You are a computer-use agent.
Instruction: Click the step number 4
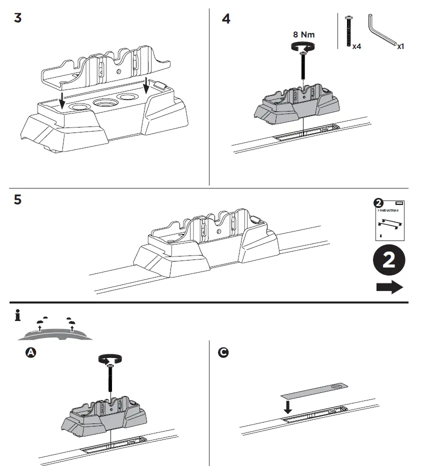point(226,19)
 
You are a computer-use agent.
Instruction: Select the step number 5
point(18,200)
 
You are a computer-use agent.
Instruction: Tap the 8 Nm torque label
point(303,35)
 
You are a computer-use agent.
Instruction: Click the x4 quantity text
point(357,46)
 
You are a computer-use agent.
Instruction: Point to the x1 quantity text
point(400,46)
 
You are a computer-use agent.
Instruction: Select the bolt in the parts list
point(348,31)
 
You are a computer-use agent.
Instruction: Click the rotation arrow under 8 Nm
point(303,47)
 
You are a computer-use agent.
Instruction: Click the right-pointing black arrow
point(389,287)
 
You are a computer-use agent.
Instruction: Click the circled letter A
point(30,352)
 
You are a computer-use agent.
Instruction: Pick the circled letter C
point(223,352)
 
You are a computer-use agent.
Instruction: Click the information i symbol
point(18,316)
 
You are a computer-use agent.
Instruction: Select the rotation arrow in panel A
point(110,358)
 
